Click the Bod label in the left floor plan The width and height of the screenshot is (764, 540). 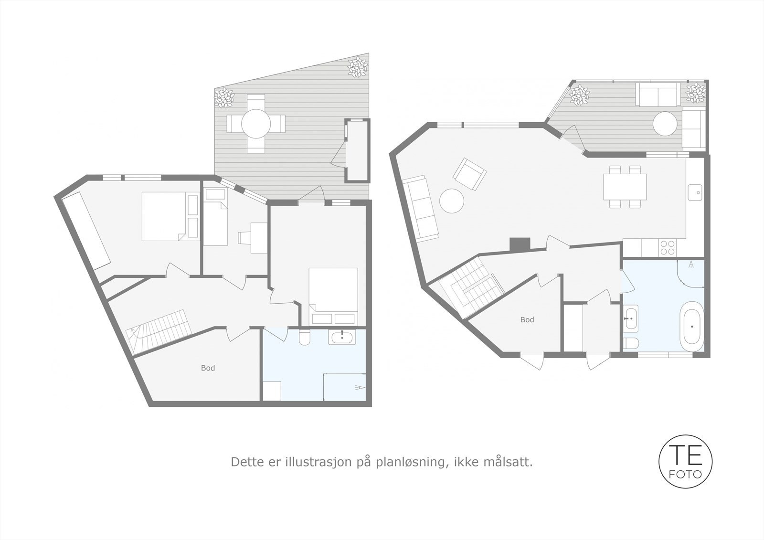click(x=208, y=368)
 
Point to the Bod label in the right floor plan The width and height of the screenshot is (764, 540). click(x=527, y=320)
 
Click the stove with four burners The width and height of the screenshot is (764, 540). click(x=668, y=247)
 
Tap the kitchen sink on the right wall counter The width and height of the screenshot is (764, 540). click(x=695, y=192)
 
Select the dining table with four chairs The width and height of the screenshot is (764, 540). click(x=625, y=187)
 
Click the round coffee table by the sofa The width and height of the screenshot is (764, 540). click(x=452, y=201)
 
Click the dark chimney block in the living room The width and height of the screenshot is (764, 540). click(x=520, y=244)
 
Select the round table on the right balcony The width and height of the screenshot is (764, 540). click(x=665, y=124)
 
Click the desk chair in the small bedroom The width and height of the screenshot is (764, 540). click(x=244, y=237)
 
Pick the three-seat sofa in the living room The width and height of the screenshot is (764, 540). click(x=422, y=208)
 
